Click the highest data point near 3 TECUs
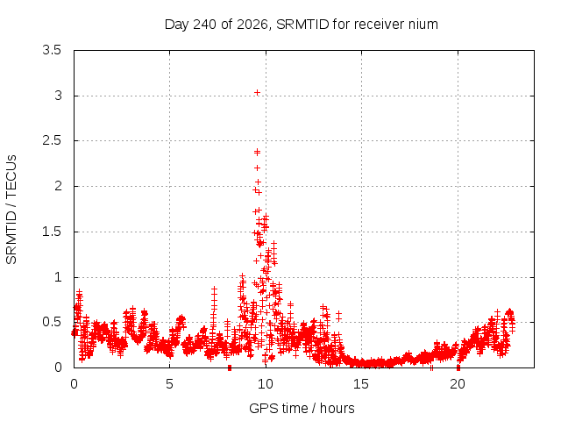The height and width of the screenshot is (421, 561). (x=257, y=93)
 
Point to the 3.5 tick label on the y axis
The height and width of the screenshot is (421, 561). (x=52, y=50)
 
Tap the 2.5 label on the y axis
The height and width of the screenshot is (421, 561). (x=52, y=140)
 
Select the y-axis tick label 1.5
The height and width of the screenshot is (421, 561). (x=52, y=232)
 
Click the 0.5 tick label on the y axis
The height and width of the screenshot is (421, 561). (x=52, y=322)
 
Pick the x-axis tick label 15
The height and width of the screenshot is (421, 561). (x=361, y=384)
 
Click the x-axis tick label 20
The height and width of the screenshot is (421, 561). (x=458, y=384)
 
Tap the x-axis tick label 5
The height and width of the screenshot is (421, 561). (x=169, y=384)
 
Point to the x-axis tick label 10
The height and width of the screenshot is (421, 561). (x=266, y=384)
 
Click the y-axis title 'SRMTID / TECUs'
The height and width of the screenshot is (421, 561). (x=11, y=210)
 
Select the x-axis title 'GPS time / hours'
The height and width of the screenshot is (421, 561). (x=302, y=408)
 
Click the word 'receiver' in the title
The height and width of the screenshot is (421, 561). (x=380, y=25)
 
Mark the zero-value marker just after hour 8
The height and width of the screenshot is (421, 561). (x=230, y=367)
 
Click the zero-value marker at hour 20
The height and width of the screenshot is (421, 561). (x=458, y=367)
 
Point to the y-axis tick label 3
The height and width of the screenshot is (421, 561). (x=58, y=96)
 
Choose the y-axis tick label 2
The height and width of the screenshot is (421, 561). (x=58, y=186)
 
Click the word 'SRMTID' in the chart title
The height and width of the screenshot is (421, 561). (x=302, y=25)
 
